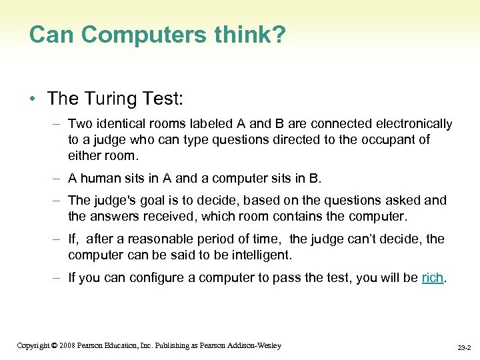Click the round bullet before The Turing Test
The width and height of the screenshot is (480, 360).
click(x=33, y=99)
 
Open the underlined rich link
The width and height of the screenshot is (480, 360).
click(x=433, y=278)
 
